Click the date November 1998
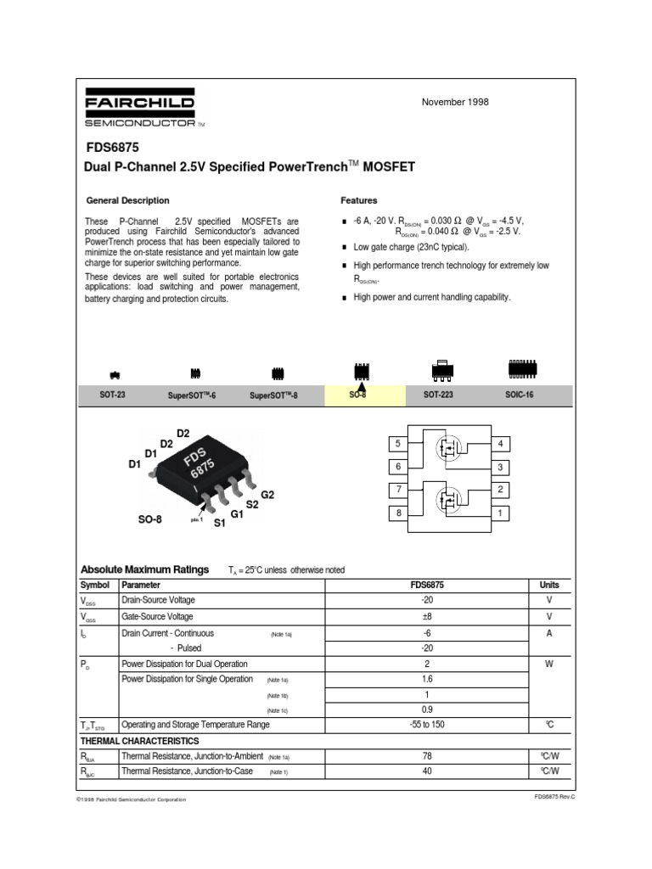tap(455, 102)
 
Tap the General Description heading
tap(128, 200)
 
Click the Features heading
tap(359, 200)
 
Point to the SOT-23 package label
tap(112, 396)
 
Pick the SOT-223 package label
tap(437, 396)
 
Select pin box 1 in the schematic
tap(501, 513)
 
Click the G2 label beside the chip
tap(268, 494)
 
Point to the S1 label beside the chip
tap(219, 524)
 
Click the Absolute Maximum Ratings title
tap(143, 569)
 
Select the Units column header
tap(548, 585)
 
